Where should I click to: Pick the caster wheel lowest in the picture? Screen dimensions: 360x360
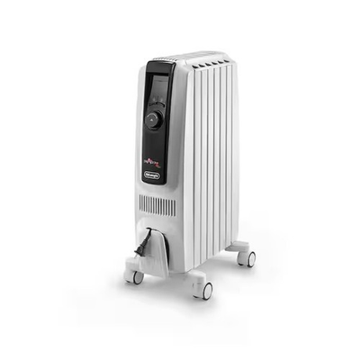[x=205, y=289]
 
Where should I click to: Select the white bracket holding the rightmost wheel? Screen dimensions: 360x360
[x=238, y=249]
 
